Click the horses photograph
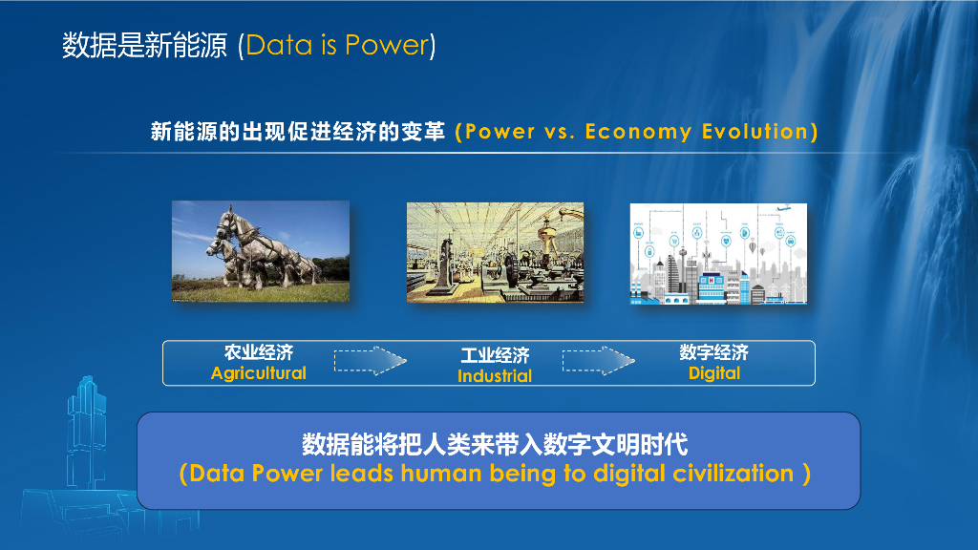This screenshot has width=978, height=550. [260, 252]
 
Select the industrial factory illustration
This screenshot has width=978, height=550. [495, 252]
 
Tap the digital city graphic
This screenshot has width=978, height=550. [718, 254]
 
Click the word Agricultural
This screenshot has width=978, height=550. [258, 373]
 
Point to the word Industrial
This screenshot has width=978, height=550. [494, 376]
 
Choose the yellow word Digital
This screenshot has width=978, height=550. [714, 373]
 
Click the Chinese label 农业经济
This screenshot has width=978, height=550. [258, 352]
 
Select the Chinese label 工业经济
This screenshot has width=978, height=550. [494, 355]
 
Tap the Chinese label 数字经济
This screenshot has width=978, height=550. [714, 352]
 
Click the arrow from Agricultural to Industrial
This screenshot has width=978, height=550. [370, 361]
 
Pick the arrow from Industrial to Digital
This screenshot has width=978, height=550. [598, 361]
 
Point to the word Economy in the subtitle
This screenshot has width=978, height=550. [637, 132]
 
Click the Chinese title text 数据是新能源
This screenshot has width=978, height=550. [144, 45]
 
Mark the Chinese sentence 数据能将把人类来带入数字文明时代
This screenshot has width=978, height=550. [495, 444]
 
